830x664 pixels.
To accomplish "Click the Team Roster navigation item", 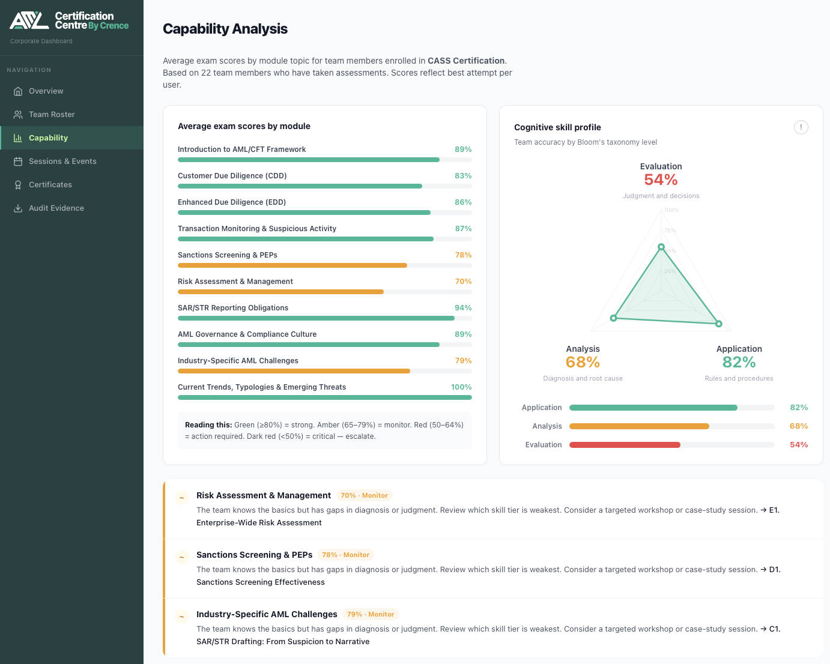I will click(x=52, y=115).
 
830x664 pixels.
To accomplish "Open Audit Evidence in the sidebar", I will click(x=56, y=208).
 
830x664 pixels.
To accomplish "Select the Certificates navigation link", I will click(x=50, y=185).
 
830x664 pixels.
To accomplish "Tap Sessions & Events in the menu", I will click(x=62, y=161).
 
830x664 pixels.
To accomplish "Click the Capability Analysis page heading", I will click(x=225, y=29).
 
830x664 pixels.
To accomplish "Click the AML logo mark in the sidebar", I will click(x=29, y=21).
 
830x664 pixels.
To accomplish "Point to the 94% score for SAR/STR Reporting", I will click(x=462, y=308).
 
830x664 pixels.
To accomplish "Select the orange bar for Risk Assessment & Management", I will click(x=280, y=292).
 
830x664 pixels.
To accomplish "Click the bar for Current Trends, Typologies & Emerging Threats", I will click(x=324, y=397).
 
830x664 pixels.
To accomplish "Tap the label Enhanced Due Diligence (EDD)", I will click(x=231, y=202).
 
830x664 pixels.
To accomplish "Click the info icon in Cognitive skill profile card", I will click(x=801, y=127).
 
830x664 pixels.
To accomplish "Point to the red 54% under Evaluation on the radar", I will click(x=661, y=180).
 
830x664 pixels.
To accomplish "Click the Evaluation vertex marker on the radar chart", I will click(x=661, y=247).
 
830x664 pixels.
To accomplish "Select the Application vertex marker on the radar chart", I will click(x=718, y=324).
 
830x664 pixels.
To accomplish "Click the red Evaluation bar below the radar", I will click(x=625, y=445).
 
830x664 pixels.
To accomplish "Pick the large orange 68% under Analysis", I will click(x=583, y=362).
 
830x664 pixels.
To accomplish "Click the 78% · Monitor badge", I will click(x=345, y=555).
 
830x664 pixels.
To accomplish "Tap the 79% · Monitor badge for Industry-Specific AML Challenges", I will click(x=371, y=615).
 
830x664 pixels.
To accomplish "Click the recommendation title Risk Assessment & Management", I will click(x=263, y=495).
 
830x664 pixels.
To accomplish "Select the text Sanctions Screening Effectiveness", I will click(x=260, y=582).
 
